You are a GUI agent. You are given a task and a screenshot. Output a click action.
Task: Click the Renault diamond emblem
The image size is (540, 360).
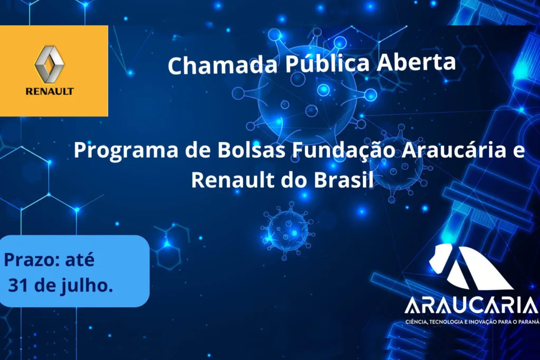50,64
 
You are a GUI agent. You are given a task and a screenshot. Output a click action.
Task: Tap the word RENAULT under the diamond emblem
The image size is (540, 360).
50,91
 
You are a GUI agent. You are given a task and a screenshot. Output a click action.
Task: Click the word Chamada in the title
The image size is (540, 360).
223,65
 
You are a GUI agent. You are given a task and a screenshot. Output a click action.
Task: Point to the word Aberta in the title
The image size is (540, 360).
416,62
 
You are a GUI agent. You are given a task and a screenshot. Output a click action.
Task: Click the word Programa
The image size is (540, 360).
126,151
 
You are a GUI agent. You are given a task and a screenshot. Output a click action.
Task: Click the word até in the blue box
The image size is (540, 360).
80,259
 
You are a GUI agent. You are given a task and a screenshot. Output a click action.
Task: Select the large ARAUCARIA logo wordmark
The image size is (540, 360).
471,306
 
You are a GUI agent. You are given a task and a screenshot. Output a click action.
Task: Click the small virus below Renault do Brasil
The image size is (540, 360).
287,230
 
